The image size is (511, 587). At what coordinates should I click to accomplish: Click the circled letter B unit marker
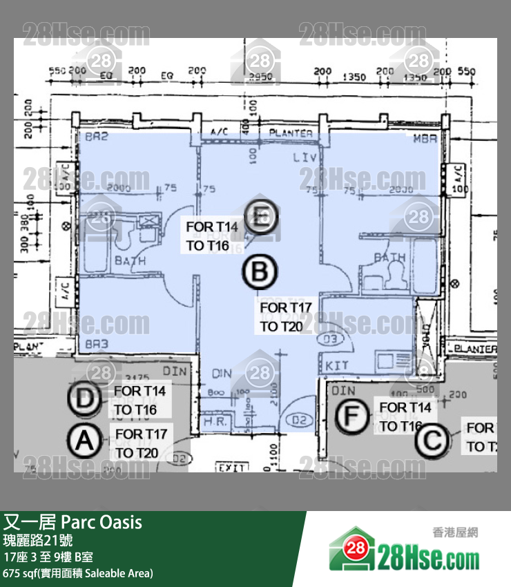[260, 272]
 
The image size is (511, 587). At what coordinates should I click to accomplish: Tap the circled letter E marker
[260, 218]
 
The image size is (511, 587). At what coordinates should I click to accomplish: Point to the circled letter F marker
[351, 416]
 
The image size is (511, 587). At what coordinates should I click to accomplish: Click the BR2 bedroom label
[97, 138]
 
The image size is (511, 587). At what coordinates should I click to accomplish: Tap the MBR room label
[425, 139]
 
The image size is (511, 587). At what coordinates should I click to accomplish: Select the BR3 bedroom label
[97, 343]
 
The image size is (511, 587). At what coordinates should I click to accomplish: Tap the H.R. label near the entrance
[211, 421]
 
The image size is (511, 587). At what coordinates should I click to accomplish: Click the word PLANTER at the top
[291, 133]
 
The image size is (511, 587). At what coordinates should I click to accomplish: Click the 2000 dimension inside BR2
[119, 188]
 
